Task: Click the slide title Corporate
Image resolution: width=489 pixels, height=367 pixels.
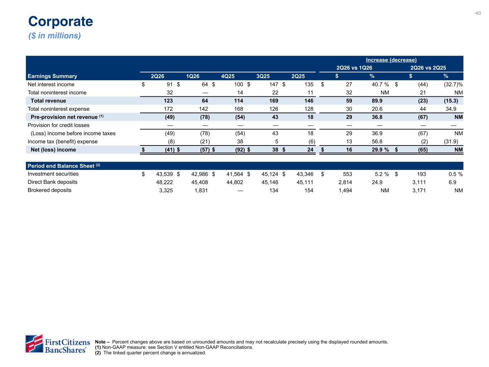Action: tap(61, 22)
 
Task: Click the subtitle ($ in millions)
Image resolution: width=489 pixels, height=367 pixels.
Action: tap(54, 35)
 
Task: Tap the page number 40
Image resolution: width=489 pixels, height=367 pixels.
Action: tap(478, 13)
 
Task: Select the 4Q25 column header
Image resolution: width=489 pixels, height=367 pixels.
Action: tap(228, 76)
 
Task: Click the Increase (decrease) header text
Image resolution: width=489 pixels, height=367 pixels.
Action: tap(391, 60)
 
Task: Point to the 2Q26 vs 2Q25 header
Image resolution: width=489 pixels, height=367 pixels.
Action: tap(428, 68)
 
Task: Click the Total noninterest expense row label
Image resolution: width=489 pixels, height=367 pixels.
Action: tap(58, 109)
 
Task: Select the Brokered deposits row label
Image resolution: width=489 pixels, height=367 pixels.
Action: tap(49, 190)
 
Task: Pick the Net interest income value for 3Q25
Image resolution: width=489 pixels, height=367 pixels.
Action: tap(274, 85)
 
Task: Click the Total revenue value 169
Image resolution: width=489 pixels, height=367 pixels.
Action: tap(274, 101)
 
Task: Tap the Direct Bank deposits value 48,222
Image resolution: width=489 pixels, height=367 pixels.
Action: tap(164, 182)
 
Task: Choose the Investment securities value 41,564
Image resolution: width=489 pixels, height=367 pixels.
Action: tap(235, 174)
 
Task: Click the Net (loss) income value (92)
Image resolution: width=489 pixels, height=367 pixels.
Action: tap(240, 150)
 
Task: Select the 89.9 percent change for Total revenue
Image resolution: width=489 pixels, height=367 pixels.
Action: tap(377, 101)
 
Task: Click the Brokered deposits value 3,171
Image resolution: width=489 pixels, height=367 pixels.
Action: tap(419, 191)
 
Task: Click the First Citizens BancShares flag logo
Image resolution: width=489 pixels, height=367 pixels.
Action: tap(34, 343)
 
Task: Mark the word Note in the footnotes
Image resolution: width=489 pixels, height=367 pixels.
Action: tap(100, 342)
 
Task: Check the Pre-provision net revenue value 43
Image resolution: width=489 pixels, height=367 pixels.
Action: tap(275, 117)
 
